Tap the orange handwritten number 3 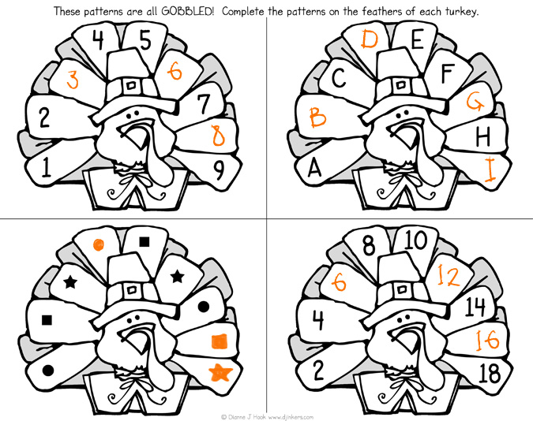pyautogui.click(x=72, y=80)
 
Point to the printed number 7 pyautogui.click(x=204, y=103)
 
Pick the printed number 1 pyautogui.click(x=47, y=167)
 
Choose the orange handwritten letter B pyautogui.click(x=317, y=117)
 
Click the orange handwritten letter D pyautogui.click(x=370, y=39)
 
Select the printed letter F pyautogui.click(x=447, y=73)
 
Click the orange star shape pyautogui.click(x=220, y=371)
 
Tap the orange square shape pyautogui.click(x=220, y=341)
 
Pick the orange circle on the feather pyautogui.click(x=98, y=244)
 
